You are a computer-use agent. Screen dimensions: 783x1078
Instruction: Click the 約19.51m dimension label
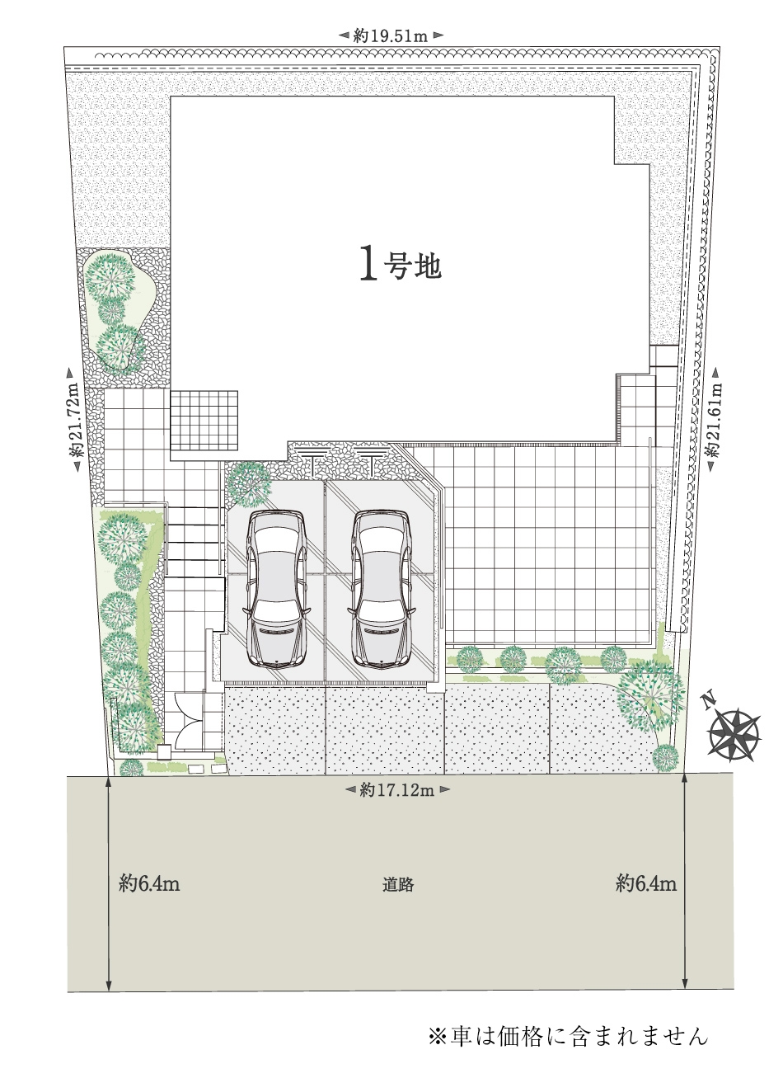(391, 35)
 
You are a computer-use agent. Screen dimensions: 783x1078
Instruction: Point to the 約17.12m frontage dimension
(397, 789)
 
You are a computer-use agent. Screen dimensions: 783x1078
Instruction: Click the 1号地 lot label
(401, 264)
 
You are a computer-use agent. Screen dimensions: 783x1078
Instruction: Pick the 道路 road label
(398, 884)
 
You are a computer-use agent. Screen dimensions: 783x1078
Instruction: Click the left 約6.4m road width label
(149, 883)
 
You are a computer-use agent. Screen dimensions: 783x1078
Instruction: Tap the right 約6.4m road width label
(646, 883)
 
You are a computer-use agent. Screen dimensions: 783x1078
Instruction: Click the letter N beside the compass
(707, 702)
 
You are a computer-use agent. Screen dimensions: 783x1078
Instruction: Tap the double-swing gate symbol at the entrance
(190, 720)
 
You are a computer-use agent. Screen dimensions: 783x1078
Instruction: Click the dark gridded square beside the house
(204, 420)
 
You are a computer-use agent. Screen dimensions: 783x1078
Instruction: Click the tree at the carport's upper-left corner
(249, 484)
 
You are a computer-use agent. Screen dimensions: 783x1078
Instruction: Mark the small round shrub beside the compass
(665, 758)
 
